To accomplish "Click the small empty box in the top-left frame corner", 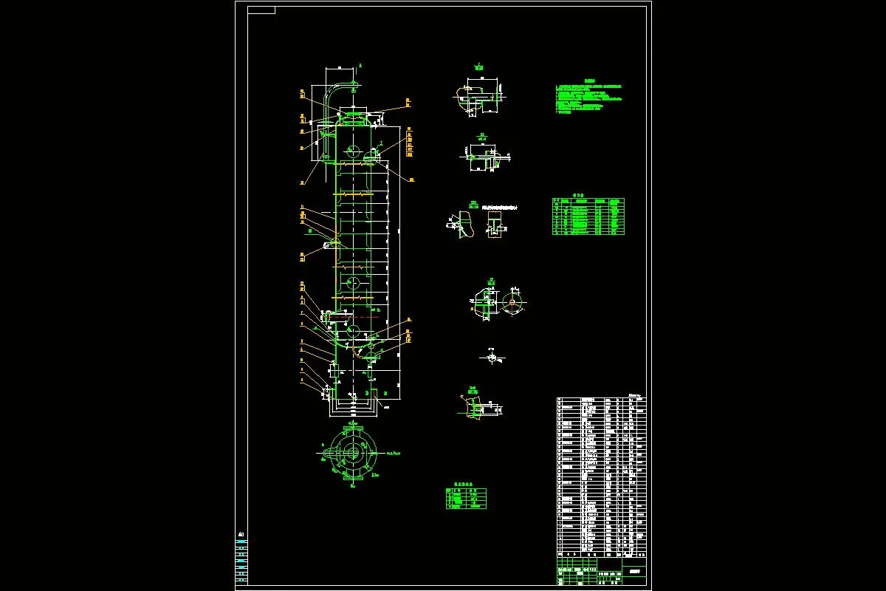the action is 261,10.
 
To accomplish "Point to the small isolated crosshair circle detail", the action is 492,358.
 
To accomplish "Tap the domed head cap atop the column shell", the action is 353,118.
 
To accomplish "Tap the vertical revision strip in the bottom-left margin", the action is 241,561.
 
